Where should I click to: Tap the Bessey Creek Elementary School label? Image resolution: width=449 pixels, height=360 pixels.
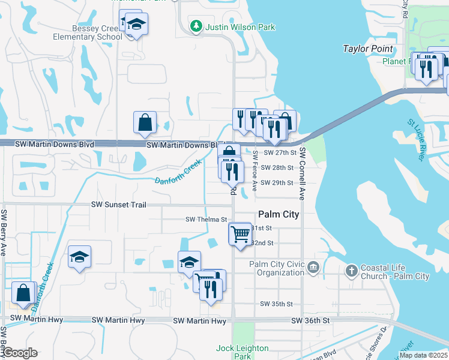[x=88, y=32]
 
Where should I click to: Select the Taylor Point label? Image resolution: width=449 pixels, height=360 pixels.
[x=367, y=49]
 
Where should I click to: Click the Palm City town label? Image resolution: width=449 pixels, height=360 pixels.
[x=279, y=214]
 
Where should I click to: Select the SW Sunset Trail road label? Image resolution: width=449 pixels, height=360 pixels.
[x=119, y=205]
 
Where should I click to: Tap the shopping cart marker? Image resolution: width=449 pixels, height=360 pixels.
[x=240, y=233]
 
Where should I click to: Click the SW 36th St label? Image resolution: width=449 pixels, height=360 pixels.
[x=310, y=321]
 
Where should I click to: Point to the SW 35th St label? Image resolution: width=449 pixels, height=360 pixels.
[x=276, y=304]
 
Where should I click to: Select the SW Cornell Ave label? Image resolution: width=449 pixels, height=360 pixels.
[x=303, y=174]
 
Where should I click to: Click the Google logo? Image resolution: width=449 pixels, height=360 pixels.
[x=19, y=352]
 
